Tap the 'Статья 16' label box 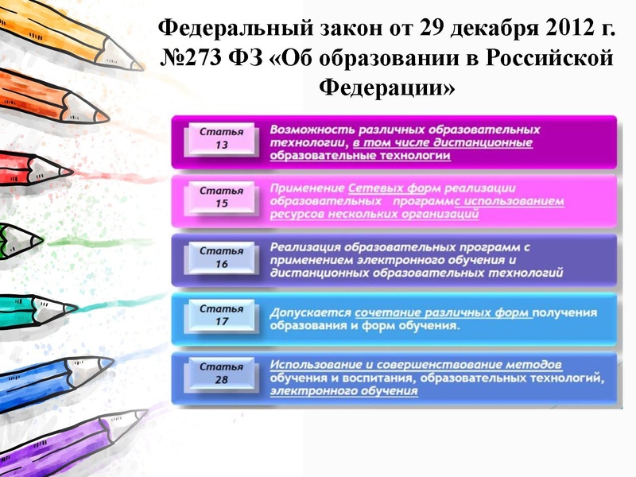[221, 257]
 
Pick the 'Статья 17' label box [221, 315]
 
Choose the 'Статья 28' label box [221, 374]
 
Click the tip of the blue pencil [112, 363]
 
